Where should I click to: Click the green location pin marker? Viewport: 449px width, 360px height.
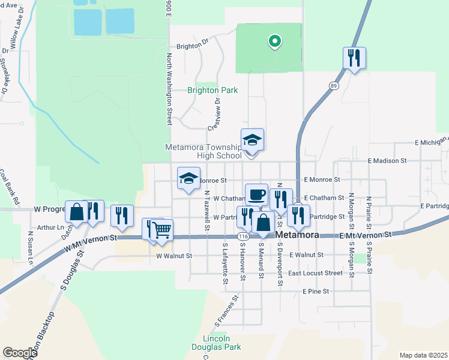[x=274, y=41]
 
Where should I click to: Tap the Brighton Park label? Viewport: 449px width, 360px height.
[x=212, y=91]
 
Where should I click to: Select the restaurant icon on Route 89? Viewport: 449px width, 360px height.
[x=354, y=58]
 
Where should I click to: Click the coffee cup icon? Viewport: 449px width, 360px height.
[x=256, y=194]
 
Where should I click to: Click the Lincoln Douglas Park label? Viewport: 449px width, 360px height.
[x=216, y=343]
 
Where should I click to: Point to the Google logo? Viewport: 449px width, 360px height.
[x=20, y=353]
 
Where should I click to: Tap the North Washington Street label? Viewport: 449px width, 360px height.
[x=170, y=90]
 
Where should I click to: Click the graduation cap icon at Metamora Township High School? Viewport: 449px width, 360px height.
[x=252, y=140]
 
